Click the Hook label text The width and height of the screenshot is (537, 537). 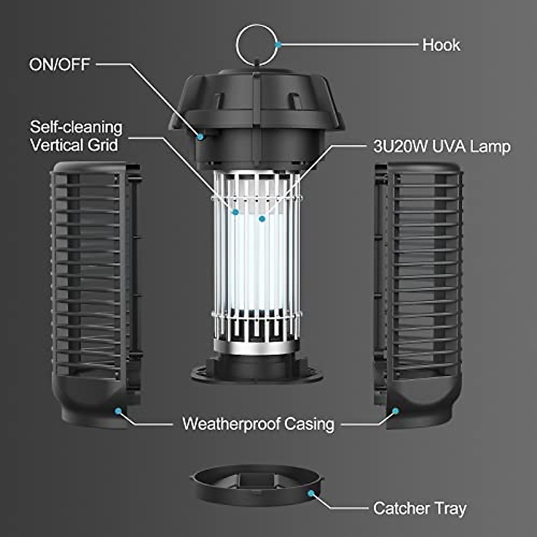click(441, 45)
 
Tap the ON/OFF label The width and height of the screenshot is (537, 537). click(60, 64)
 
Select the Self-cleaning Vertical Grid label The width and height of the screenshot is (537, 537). click(76, 136)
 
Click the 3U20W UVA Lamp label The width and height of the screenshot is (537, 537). click(442, 146)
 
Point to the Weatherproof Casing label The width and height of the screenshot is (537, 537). click(258, 423)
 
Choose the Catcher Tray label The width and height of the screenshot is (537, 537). click(419, 508)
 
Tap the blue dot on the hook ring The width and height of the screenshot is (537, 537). click(278, 45)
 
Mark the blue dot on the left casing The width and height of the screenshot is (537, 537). click(119, 410)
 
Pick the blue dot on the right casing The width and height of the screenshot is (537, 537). click(395, 410)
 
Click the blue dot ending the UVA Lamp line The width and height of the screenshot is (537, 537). click(262, 218)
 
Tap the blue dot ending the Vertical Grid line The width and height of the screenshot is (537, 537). click(235, 212)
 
